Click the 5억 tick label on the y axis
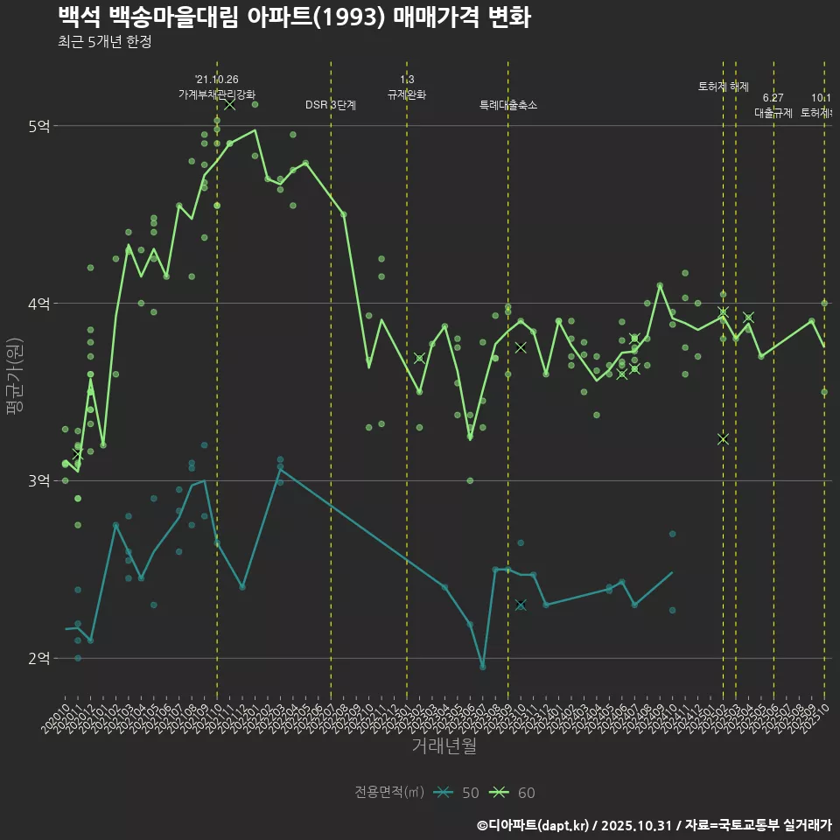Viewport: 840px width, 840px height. (x=38, y=126)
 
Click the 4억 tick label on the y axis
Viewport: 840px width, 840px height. (x=38, y=304)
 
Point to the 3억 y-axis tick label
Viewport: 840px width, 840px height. (x=38, y=481)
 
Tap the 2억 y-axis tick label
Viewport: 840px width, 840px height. (x=38, y=658)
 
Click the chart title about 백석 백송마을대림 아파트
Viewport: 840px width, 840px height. (x=294, y=17)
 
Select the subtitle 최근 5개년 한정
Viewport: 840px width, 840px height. (x=104, y=42)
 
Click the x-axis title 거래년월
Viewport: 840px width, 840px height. (x=444, y=745)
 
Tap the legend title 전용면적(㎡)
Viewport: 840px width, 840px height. (x=389, y=793)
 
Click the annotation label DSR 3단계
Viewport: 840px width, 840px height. (x=331, y=105)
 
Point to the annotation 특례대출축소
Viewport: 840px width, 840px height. (x=507, y=105)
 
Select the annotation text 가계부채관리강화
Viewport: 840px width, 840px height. (x=217, y=94)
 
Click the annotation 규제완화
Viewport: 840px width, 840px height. (x=407, y=94)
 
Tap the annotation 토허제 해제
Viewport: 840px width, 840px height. (x=724, y=87)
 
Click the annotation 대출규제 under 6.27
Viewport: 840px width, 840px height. (x=773, y=113)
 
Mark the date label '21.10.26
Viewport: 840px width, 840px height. (x=217, y=80)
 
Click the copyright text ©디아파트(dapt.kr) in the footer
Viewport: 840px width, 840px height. (x=535, y=824)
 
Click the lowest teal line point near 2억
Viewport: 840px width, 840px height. (x=482, y=667)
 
